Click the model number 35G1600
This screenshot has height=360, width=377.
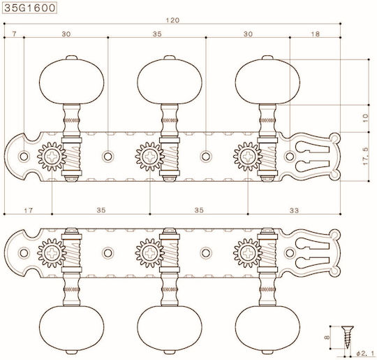tap(30, 8)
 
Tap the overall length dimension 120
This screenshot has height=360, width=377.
tap(172, 20)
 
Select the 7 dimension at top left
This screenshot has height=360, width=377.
tap(15, 34)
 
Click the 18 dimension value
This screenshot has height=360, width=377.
tap(315, 34)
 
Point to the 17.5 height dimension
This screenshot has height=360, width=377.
tap(365, 157)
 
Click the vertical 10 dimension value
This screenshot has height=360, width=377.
tap(365, 118)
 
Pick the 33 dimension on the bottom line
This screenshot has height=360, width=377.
tap(294, 210)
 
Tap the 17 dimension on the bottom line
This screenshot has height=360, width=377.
tap(28, 210)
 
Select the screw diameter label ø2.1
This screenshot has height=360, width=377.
tap(365, 354)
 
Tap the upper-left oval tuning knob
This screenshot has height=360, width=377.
tap(72, 81)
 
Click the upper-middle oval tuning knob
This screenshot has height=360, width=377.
tap(170, 81)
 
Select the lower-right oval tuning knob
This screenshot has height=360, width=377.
tap(267, 329)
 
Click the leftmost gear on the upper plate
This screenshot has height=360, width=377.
tap(52, 157)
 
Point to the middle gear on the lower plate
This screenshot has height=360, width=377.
tap(150, 253)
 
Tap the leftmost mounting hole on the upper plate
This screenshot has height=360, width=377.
tap(24, 157)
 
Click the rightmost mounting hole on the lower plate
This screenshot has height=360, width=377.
tap(290, 253)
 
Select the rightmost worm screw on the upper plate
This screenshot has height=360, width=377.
tap(267, 157)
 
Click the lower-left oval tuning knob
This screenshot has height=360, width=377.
tap(72, 329)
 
